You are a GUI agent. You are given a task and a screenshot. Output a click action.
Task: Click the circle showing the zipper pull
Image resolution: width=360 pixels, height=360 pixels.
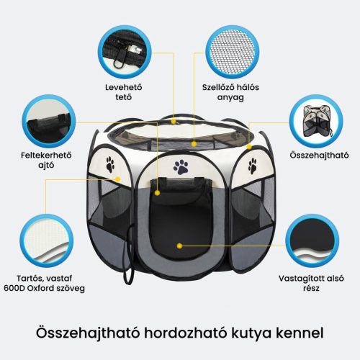tap(125, 52)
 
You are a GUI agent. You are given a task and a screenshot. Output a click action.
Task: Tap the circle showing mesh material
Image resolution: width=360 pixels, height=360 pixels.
tap(233, 52)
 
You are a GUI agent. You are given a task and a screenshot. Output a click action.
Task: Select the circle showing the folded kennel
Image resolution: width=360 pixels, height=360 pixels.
tap(316, 121)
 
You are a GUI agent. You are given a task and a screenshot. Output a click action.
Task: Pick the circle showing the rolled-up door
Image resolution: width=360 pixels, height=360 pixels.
tap(49, 121)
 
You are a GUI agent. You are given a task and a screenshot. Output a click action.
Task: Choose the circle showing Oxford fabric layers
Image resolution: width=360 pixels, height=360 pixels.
tap(46, 240)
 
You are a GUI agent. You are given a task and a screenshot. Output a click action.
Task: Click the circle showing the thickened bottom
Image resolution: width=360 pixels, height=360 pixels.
tap(312, 240)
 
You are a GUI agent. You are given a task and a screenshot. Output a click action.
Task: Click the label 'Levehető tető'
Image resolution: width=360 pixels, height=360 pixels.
tap(124, 92)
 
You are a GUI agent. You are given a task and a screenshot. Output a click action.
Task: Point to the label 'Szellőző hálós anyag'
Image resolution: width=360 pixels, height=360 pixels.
tap(230, 92)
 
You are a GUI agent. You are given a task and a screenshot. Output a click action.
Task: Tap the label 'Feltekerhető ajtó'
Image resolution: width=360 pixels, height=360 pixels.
tap(46, 160)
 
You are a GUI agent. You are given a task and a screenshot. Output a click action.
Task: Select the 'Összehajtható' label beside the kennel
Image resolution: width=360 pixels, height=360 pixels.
tap(319, 156)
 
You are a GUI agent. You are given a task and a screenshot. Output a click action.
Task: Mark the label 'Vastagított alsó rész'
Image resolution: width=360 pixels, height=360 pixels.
tap(311, 283)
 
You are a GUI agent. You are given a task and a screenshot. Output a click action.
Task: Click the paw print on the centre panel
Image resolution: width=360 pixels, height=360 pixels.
tap(181, 167)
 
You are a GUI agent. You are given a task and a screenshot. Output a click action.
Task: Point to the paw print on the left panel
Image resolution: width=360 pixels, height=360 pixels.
tap(110, 164)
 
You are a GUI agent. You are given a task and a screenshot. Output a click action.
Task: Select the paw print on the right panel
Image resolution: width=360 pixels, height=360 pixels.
tap(253, 166)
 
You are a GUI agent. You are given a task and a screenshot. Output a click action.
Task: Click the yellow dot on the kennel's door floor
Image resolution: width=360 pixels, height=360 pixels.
tap(179, 246)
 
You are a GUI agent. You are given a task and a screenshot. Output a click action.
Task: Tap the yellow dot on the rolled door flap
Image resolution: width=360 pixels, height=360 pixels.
tap(157, 193)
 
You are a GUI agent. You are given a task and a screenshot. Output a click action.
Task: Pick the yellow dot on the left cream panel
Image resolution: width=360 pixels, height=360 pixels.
tap(117, 179)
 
